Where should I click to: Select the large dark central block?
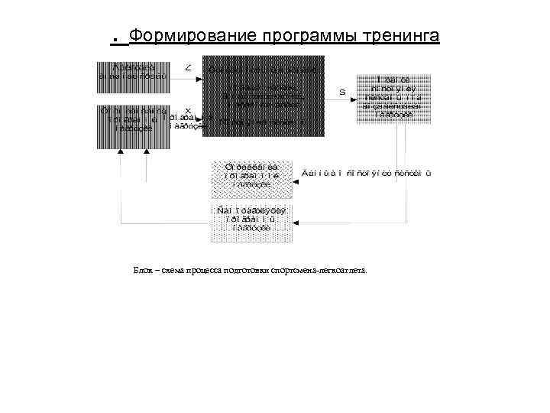pos(263,96)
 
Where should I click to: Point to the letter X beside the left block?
pos(188,110)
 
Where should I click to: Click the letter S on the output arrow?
pos(342,92)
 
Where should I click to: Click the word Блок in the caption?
pos(142,270)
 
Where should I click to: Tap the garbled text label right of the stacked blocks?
pos(367,174)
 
